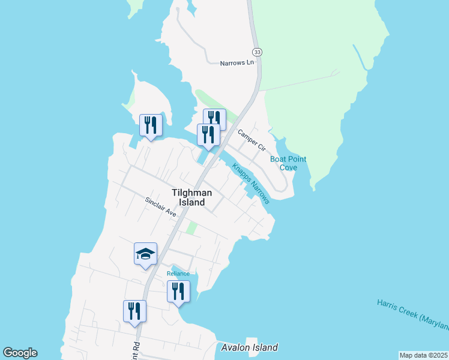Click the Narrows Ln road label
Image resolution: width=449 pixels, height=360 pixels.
237,63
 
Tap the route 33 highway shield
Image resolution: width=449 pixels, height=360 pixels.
257,52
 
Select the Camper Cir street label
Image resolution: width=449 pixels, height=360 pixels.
251,139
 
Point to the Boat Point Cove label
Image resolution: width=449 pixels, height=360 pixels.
288,163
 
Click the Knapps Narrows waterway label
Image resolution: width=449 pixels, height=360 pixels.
251,183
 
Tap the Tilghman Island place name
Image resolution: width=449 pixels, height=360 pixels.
196,197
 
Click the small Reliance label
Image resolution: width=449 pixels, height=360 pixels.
178,274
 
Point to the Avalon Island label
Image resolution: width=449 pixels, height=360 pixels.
249,347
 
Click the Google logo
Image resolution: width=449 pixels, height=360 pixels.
20,353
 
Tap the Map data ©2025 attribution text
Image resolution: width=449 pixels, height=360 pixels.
423,355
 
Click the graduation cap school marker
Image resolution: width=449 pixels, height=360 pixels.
145,254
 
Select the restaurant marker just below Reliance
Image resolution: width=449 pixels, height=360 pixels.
178,292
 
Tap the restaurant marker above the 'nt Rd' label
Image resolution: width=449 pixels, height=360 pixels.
134,311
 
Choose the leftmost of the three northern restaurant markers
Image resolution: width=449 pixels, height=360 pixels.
150,125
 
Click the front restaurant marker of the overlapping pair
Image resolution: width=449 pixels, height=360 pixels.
208,134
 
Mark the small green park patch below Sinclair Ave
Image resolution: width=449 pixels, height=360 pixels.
191,229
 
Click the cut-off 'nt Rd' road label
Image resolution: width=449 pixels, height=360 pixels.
138,347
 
